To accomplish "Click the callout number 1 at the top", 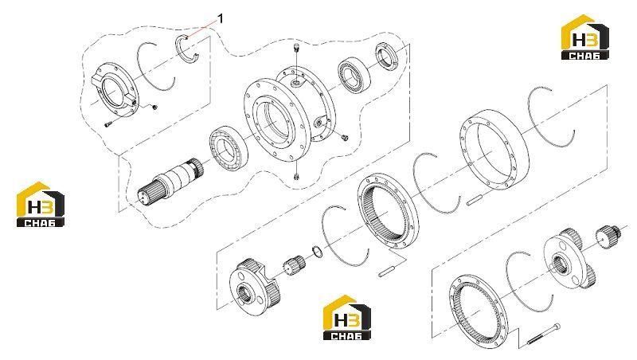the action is (x=221, y=18).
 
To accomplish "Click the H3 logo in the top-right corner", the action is (x=584, y=37).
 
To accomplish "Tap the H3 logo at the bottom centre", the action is (x=347, y=317).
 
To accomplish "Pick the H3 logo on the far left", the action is (x=41, y=205).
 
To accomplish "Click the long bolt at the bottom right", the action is (x=542, y=335).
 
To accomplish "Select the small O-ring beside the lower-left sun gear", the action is (x=318, y=252).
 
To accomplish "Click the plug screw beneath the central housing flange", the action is (x=295, y=177).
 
